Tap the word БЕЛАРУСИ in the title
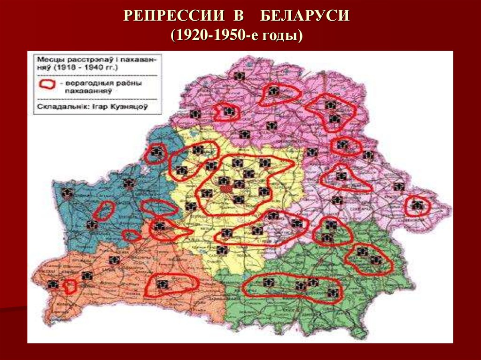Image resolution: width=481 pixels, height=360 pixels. click(305, 16)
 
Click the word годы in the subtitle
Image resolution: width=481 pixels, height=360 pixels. click(279, 36)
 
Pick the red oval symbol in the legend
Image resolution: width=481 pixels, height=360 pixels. click(48, 84)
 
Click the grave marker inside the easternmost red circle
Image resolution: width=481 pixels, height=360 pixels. click(416, 205)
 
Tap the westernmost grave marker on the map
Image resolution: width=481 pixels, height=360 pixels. click(53, 284)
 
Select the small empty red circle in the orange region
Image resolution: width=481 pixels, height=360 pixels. click(70, 286)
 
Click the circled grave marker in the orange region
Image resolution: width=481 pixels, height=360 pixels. click(163, 284)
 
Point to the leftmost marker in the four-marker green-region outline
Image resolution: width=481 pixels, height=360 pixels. click(268, 283)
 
